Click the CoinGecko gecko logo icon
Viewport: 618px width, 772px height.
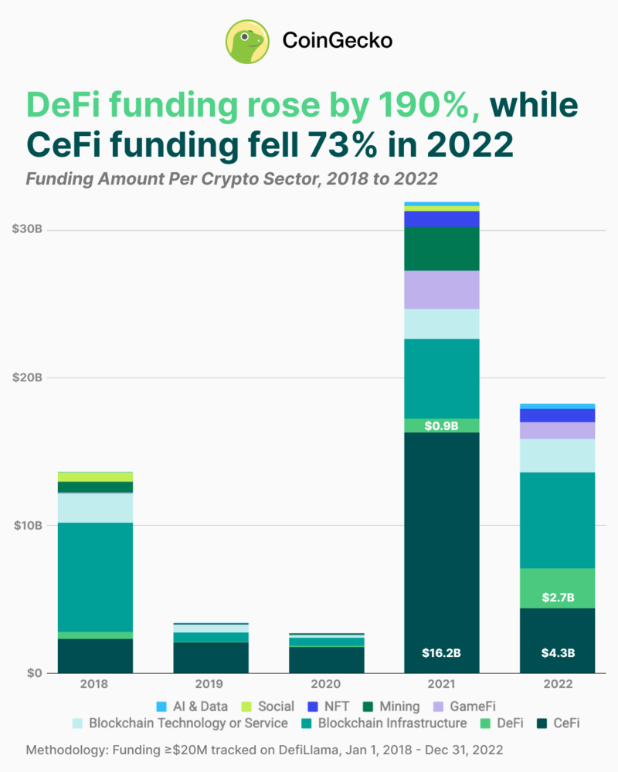[x=247, y=41]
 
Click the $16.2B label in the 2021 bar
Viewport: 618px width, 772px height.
[x=441, y=653]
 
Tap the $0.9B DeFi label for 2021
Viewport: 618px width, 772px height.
[x=441, y=425]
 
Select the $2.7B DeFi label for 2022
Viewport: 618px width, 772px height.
[x=557, y=597]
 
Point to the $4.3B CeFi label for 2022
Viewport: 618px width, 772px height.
[x=557, y=653]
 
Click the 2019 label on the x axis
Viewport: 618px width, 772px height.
[x=209, y=684]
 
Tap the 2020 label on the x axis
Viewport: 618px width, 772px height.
[x=325, y=684]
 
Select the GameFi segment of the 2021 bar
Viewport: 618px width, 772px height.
[x=441, y=289]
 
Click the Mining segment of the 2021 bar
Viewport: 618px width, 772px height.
[x=441, y=249]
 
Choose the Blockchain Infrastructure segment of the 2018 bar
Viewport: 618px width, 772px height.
[x=93, y=577]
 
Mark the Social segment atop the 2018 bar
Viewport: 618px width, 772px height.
[x=93, y=476]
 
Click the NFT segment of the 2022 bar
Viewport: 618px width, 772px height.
[x=557, y=415]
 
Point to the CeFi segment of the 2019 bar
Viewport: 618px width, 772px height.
[x=209, y=657]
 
